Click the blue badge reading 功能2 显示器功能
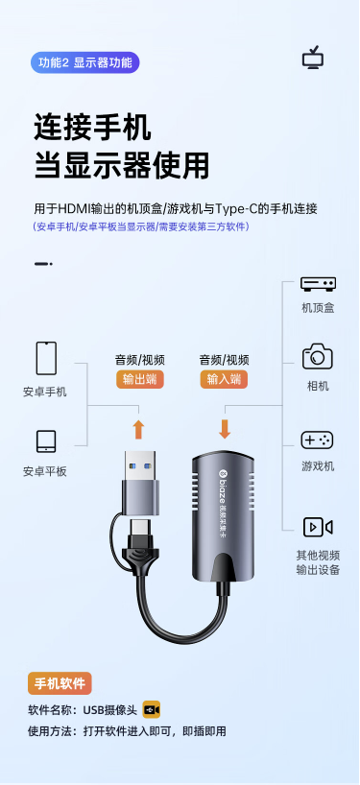(85, 63)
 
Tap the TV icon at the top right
(313, 59)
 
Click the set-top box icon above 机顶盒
(318, 283)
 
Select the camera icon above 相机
(318, 356)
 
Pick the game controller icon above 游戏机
(317, 440)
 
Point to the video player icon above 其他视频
(318, 527)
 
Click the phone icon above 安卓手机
(47, 358)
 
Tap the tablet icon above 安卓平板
(46, 441)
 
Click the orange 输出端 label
(140, 379)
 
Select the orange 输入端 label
(224, 379)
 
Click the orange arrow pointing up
(139, 429)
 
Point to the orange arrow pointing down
(225, 429)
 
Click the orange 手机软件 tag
(60, 683)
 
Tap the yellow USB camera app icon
(152, 709)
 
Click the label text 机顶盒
(318, 308)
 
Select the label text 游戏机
(318, 466)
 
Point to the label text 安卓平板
(44, 471)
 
